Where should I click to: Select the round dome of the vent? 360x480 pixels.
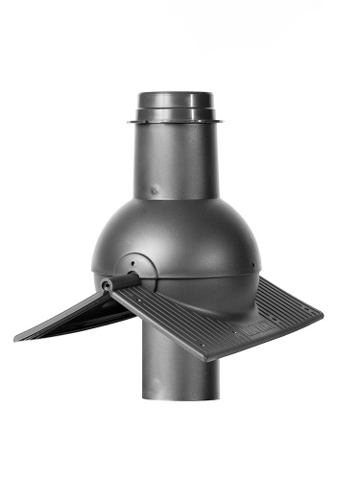(192, 230)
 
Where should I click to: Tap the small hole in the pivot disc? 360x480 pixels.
(131, 258)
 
